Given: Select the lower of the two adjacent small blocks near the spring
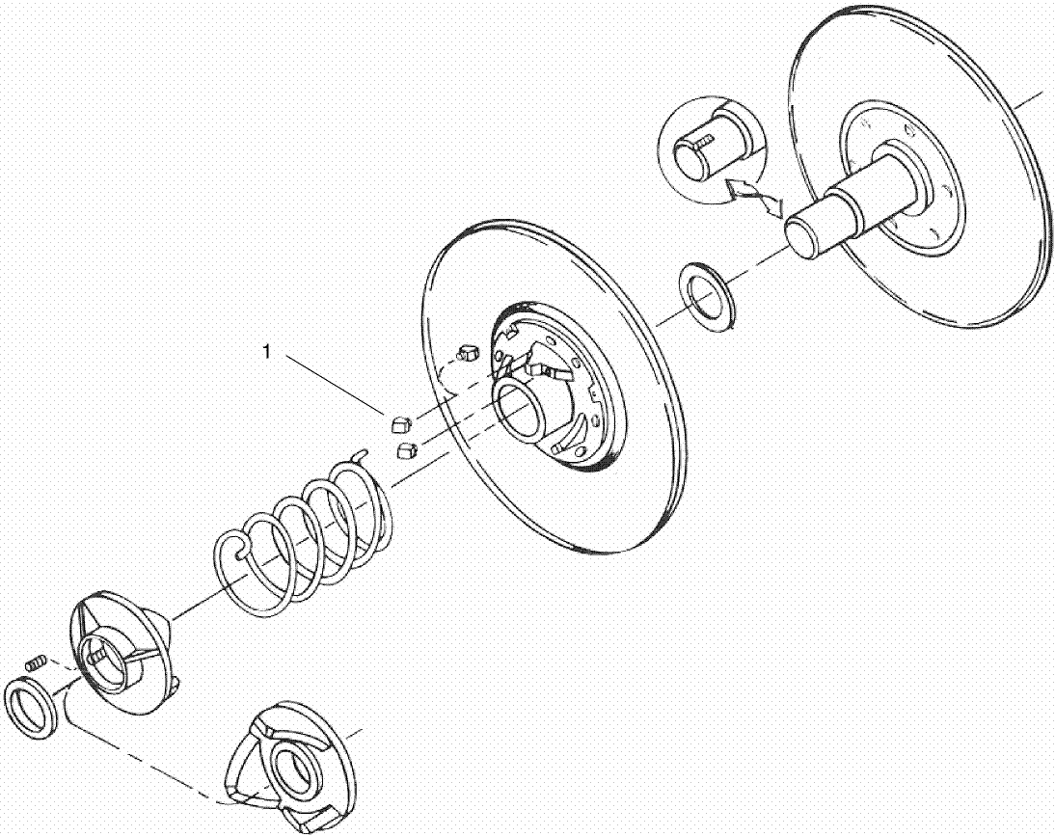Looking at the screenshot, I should tap(405, 449).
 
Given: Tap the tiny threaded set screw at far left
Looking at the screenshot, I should tap(36, 662).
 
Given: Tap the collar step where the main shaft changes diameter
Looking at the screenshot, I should tap(849, 203).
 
